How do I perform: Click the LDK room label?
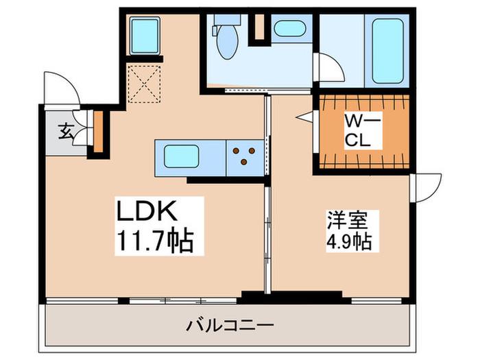pyautogui.click(x=147, y=211)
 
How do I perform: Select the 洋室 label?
pyautogui.click(x=348, y=220)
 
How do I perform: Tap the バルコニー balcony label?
pyautogui.click(x=230, y=326)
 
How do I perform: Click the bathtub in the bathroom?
pyautogui.click(x=388, y=51)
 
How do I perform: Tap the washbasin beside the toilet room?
pyautogui.click(x=289, y=28)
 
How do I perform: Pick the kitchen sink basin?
pyautogui.click(x=181, y=156)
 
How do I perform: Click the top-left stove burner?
pyautogui.click(x=236, y=151)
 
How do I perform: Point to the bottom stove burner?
pyautogui.click(x=243, y=162)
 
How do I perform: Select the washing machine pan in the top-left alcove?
pyautogui.click(x=145, y=36)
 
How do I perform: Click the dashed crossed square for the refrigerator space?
pyautogui.click(x=144, y=84)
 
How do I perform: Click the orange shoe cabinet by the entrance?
pyautogui.click(x=98, y=132)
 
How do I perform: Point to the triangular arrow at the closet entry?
pyautogui.click(x=304, y=117)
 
